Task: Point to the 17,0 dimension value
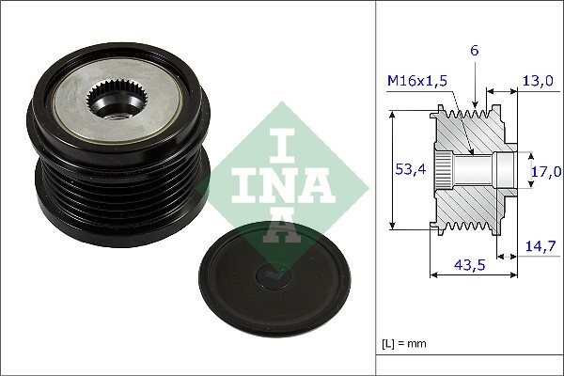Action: pos(546,171)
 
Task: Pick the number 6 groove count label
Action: pos(477,51)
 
